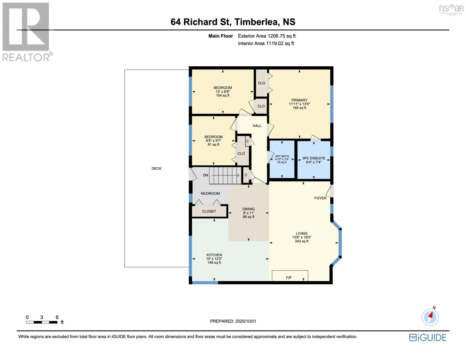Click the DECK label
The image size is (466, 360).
(156, 169)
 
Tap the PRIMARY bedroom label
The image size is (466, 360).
(299, 100)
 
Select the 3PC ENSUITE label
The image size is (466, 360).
(314, 158)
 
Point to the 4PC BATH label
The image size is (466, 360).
(282, 156)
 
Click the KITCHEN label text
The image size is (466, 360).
(214, 255)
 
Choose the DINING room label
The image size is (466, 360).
(248, 209)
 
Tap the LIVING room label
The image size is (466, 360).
(302, 233)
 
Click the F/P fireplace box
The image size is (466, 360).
(290, 276)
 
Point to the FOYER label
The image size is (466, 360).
(320, 198)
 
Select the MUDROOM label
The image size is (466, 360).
(210, 193)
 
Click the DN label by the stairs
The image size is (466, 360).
(206, 175)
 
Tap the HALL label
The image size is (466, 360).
(257, 126)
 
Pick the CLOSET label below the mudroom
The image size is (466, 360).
(209, 211)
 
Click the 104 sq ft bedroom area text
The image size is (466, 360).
(223, 95)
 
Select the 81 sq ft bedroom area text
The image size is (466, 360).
(213, 145)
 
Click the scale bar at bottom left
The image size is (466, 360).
(42, 322)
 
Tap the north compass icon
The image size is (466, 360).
(430, 317)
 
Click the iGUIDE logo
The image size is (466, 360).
(428, 338)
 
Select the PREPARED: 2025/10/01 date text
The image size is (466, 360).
(233, 321)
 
